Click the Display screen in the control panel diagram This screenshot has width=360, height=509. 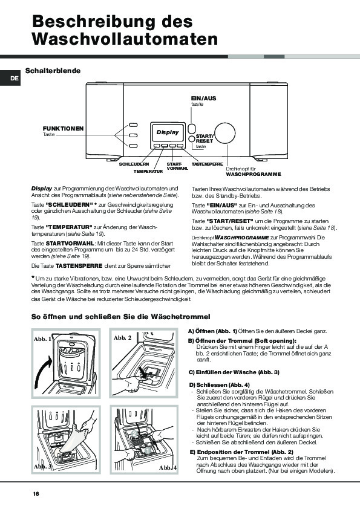point(168,132)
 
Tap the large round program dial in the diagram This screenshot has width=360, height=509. point(225,134)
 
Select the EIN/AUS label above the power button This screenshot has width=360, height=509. point(203,98)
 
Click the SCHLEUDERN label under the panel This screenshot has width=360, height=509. point(134,164)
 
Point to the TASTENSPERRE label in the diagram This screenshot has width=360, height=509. point(208,164)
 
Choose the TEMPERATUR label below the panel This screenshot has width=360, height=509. point(148,172)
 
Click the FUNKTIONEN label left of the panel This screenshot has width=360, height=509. point(63,129)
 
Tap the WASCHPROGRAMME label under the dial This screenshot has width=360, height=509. point(254,174)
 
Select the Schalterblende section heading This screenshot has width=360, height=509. point(53,71)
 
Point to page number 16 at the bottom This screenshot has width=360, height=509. point(36,494)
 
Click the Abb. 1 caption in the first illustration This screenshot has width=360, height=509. point(42,339)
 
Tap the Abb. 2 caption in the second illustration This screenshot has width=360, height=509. point(122,337)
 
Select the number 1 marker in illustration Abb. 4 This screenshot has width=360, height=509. point(147,450)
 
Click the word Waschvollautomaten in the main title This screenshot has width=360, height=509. point(125,39)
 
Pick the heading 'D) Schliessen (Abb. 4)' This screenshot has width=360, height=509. point(219,385)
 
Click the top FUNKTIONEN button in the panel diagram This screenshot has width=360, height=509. point(133,125)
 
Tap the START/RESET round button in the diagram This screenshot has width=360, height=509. point(192,139)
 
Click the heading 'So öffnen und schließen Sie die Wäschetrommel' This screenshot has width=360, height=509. point(121,317)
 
